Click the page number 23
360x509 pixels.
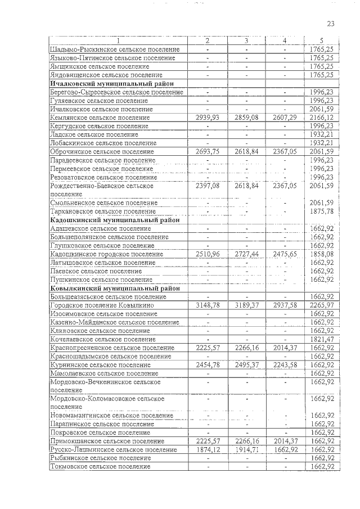click(330, 24)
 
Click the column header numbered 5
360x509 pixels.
click(322, 41)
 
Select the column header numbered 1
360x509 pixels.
click(119, 41)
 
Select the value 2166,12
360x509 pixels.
click(322, 117)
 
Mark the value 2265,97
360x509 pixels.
click(322, 305)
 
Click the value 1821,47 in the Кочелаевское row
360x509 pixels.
click(322, 340)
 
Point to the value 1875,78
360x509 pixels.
click(322, 211)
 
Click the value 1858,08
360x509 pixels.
click(322, 254)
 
